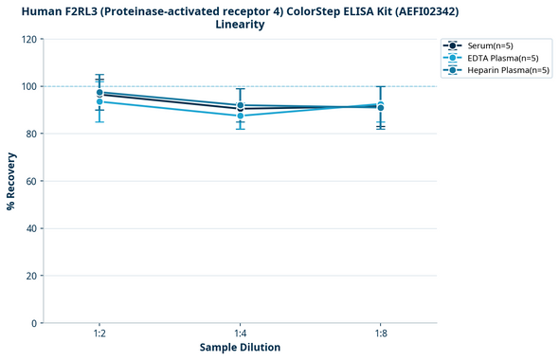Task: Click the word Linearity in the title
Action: [240, 25]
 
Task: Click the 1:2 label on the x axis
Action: [99, 333]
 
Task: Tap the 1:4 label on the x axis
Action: [240, 333]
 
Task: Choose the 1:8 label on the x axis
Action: [380, 333]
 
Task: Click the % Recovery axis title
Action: [11, 180]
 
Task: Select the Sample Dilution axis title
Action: [240, 348]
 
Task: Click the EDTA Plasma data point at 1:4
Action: [240, 116]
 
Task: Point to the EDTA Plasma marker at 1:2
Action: [99, 101]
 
